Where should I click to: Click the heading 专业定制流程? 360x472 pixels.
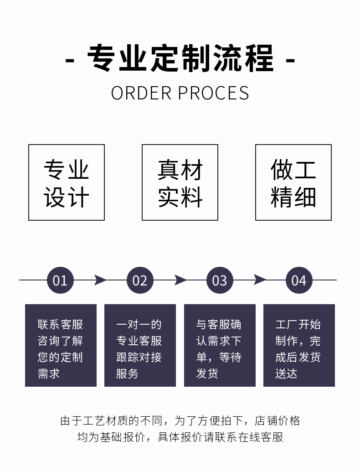pyautogui.click(x=180, y=58)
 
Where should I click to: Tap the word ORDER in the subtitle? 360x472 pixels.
pyautogui.click(x=141, y=93)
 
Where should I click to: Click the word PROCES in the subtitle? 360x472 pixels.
pyautogui.click(x=214, y=93)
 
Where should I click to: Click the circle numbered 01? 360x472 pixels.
pyautogui.click(x=60, y=280)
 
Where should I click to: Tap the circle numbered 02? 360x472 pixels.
pyautogui.click(x=140, y=280)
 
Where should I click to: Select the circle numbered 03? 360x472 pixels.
pyautogui.click(x=220, y=280)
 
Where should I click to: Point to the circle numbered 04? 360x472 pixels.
pyautogui.click(x=299, y=280)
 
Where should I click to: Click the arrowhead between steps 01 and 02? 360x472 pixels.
pyautogui.click(x=101, y=280)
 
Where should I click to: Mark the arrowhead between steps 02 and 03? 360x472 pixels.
pyautogui.click(x=180, y=280)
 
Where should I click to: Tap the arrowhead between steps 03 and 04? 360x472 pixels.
pyautogui.click(x=260, y=280)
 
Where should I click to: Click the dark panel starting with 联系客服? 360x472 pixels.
pyautogui.click(x=61, y=345)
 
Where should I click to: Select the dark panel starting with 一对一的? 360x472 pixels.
pyautogui.click(x=140, y=345)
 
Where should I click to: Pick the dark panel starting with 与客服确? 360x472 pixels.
pyautogui.click(x=220, y=345)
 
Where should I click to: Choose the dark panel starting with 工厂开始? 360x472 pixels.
pyautogui.click(x=299, y=345)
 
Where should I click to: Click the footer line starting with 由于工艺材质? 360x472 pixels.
pyautogui.click(x=180, y=420)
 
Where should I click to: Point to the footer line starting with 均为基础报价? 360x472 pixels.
pyautogui.click(x=180, y=437)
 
